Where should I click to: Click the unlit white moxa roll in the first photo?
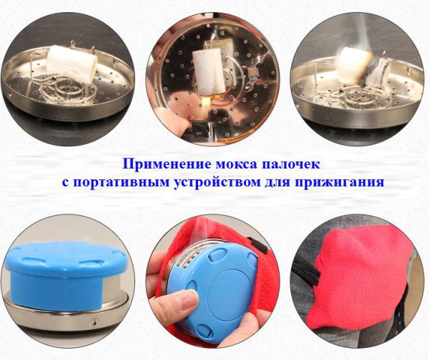click(72, 63)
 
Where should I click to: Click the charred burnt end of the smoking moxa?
click(373, 71)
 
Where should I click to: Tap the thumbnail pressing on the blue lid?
click(190, 298)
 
